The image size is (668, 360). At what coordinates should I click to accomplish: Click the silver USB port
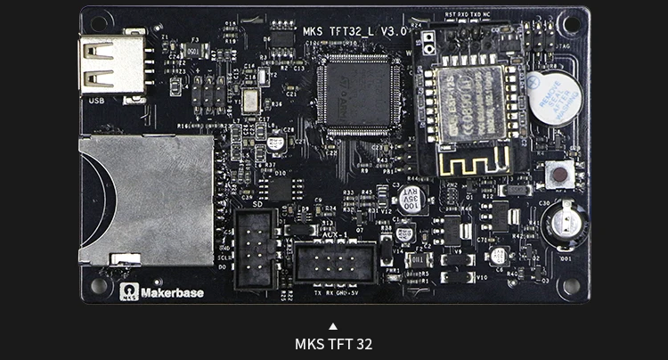pos(111,64)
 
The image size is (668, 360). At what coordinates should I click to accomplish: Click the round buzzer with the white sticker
pos(554,97)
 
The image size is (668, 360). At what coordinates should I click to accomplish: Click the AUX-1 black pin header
pos(336,263)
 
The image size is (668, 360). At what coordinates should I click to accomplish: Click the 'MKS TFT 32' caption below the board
pos(333,343)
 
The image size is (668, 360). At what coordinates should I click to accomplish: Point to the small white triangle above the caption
pos(333,326)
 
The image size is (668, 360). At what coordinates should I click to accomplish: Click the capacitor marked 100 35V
pos(410,199)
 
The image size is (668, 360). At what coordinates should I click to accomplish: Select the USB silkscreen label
pos(97,101)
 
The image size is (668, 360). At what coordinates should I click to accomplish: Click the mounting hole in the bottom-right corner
pos(570,286)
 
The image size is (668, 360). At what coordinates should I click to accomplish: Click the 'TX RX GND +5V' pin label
pos(335,291)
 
